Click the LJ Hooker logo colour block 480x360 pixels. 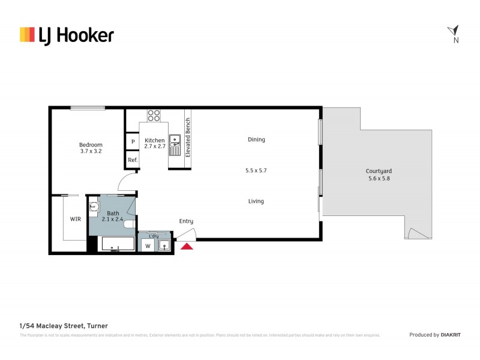pos(27,35)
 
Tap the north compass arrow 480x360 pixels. pos(454,31)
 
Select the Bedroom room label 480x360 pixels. pos(91,145)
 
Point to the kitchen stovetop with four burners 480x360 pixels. pos(154,115)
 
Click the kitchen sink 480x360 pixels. pos(175,142)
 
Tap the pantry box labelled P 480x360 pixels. pos(132,142)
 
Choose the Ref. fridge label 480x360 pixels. pos(133,160)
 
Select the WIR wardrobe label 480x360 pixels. pos(76,219)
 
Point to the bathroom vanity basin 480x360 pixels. pos(94,207)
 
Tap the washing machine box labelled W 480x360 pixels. pos(147,245)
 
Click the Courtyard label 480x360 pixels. pos(379,170)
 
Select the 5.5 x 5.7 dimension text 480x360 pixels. pos(256,170)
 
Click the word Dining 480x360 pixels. pos(256,140)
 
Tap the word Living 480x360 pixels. pos(256,202)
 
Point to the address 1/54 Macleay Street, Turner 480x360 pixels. pos(64,326)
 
